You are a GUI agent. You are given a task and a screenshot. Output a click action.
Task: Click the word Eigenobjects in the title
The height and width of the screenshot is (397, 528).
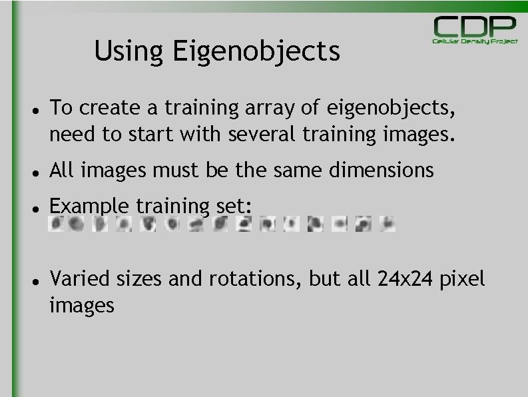256,52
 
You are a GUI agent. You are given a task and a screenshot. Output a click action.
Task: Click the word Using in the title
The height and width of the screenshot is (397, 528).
129,52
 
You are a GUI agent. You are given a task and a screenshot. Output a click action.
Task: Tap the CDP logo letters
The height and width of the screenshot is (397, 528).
475,28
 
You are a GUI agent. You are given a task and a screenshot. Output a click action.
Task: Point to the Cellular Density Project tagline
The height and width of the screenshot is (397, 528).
475,41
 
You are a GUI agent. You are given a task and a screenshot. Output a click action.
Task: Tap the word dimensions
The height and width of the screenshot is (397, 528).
381,171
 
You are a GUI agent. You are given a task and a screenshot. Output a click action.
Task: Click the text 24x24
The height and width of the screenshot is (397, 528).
405,278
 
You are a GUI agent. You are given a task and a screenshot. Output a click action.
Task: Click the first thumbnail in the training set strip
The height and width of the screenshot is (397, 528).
57,224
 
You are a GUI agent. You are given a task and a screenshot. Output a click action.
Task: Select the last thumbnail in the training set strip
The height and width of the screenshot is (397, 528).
387,224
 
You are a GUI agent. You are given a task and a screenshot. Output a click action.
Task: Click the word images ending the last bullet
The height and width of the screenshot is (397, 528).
81,306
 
